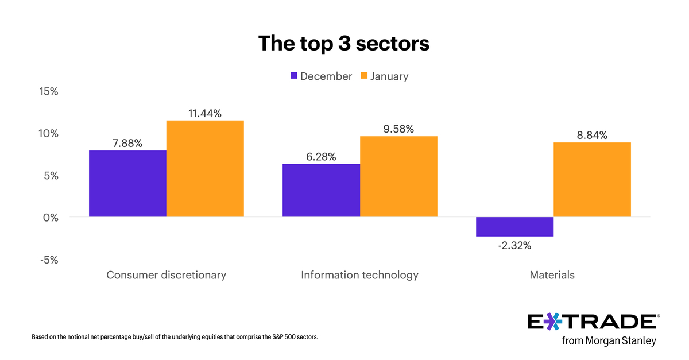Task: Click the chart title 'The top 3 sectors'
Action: pyautogui.click(x=343, y=43)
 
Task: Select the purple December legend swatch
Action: pyautogui.click(x=295, y=76)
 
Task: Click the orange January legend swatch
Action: pyautogui.click(x=363, y=76)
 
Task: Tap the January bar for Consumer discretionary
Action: pyautogui.click(x=205, y=168)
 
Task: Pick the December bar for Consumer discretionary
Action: pyautogui.click(x=127, y=183)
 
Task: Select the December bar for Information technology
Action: pyautogui.click(x=322, y=190)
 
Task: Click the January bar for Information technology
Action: pyautogui.click(x=398, y=176)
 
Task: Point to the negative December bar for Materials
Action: pyautogui.click(x=515, y=227)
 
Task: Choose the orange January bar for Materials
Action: pyautogui.click(x=592, y=179)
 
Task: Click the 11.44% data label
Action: pyautogui.click(x=205, y=114)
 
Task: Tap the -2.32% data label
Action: pyautogui.click(x=514, y=246)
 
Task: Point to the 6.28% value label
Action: pyautogui.click(x=321, y=157)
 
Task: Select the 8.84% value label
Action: pyautogui.click(x=592, y=136)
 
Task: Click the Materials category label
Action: pyautogui.click(x=552, y=275)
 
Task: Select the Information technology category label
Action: pyautogui.click(x=359, y=275)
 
